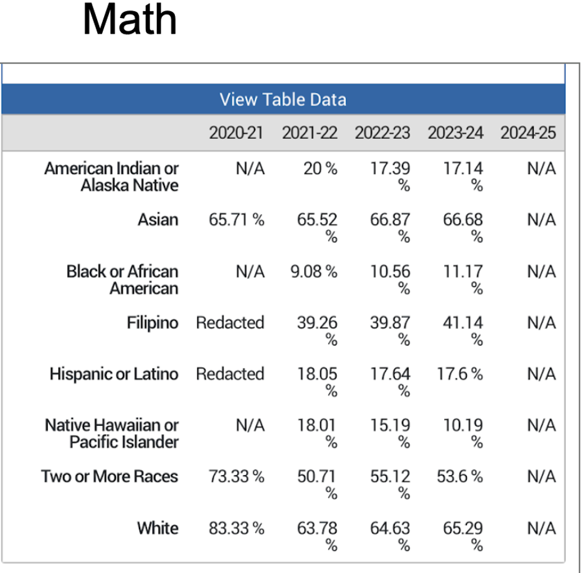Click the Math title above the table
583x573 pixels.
pos(130,20)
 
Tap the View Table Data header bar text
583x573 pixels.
pos(283,100)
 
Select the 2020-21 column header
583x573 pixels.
pos(236,133)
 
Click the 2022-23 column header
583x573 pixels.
pos(382,133)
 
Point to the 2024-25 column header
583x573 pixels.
pos(528,133)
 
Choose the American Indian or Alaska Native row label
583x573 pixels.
pos(111,177)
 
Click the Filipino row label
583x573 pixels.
pos(152,323)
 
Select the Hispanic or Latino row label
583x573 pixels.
pos(114,374)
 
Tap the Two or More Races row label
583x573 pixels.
pos(110,476)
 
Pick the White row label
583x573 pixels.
pos(158,528)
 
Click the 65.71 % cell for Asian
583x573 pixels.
pos(236,220)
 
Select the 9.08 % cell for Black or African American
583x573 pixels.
pos(314,272)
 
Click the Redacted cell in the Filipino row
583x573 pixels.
pos(230,323)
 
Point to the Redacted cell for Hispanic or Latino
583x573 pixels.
pos(230,374)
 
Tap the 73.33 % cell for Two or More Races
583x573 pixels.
pos(236,476)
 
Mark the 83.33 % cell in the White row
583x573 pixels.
pos(236,528)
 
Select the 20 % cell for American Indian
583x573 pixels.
pos(320,169)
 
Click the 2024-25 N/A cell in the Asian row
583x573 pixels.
pos(541,220)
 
